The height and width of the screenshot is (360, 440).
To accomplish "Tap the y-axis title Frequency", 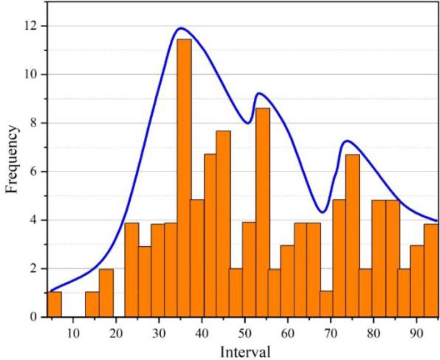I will [13, 159].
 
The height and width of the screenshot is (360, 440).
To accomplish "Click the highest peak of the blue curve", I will [180, 28].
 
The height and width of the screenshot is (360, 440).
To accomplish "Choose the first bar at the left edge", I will [54, 304].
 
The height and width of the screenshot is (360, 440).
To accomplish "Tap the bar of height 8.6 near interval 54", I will [263, 213].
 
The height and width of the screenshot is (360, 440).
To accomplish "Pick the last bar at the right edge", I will [431, 270].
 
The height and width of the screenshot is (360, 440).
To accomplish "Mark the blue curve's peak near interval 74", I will [347, 140].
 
